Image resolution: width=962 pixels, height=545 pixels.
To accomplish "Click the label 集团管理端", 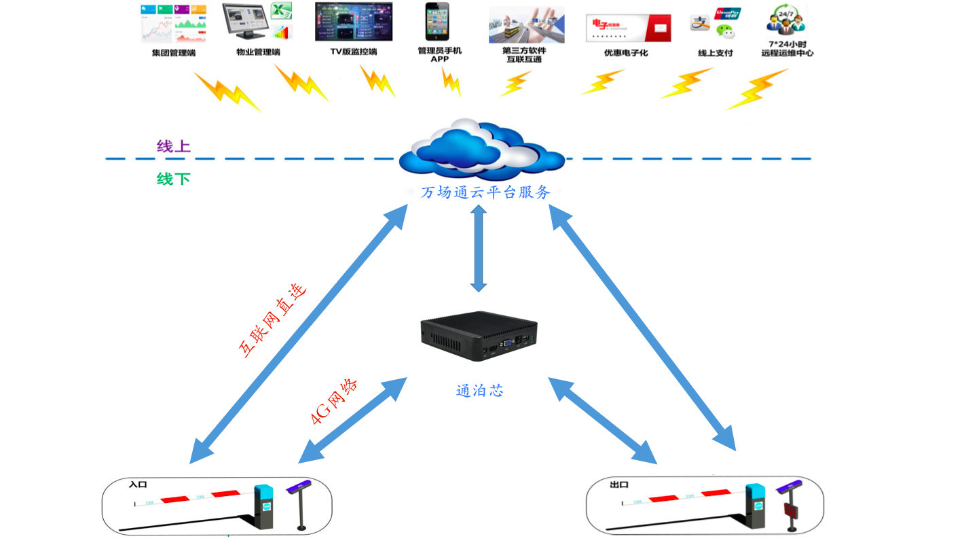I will [x=173, y=52].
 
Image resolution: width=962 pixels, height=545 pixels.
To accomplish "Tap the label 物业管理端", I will [x=258, y=52].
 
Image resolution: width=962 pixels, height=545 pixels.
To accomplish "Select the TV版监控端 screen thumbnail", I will [x=353, y=22].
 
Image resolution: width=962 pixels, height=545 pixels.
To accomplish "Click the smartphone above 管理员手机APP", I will [x=437, y=22].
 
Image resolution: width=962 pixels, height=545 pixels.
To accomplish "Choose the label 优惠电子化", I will [x=626, y=52].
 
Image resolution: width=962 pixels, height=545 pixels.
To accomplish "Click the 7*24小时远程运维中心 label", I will [x=788, y=48].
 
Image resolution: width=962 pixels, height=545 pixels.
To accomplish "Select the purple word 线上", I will [x=174, y=146].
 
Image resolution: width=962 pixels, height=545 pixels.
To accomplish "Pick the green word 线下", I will [x=174, y=179].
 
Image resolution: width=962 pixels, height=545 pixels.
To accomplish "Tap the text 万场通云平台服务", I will [x=485, y=192].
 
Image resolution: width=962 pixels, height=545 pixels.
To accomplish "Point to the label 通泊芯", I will [x=479, y=391].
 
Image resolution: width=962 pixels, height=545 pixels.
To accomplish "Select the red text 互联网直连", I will [x=272, y=319].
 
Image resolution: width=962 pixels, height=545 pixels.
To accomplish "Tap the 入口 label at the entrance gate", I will [x=138, y=485].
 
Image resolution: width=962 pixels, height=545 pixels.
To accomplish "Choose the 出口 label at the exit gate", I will [x=619, y=485].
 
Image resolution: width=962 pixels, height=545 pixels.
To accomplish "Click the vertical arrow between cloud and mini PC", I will [x=479, y=248].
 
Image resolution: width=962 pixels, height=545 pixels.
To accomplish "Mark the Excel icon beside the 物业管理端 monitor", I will [x=281, y=12].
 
